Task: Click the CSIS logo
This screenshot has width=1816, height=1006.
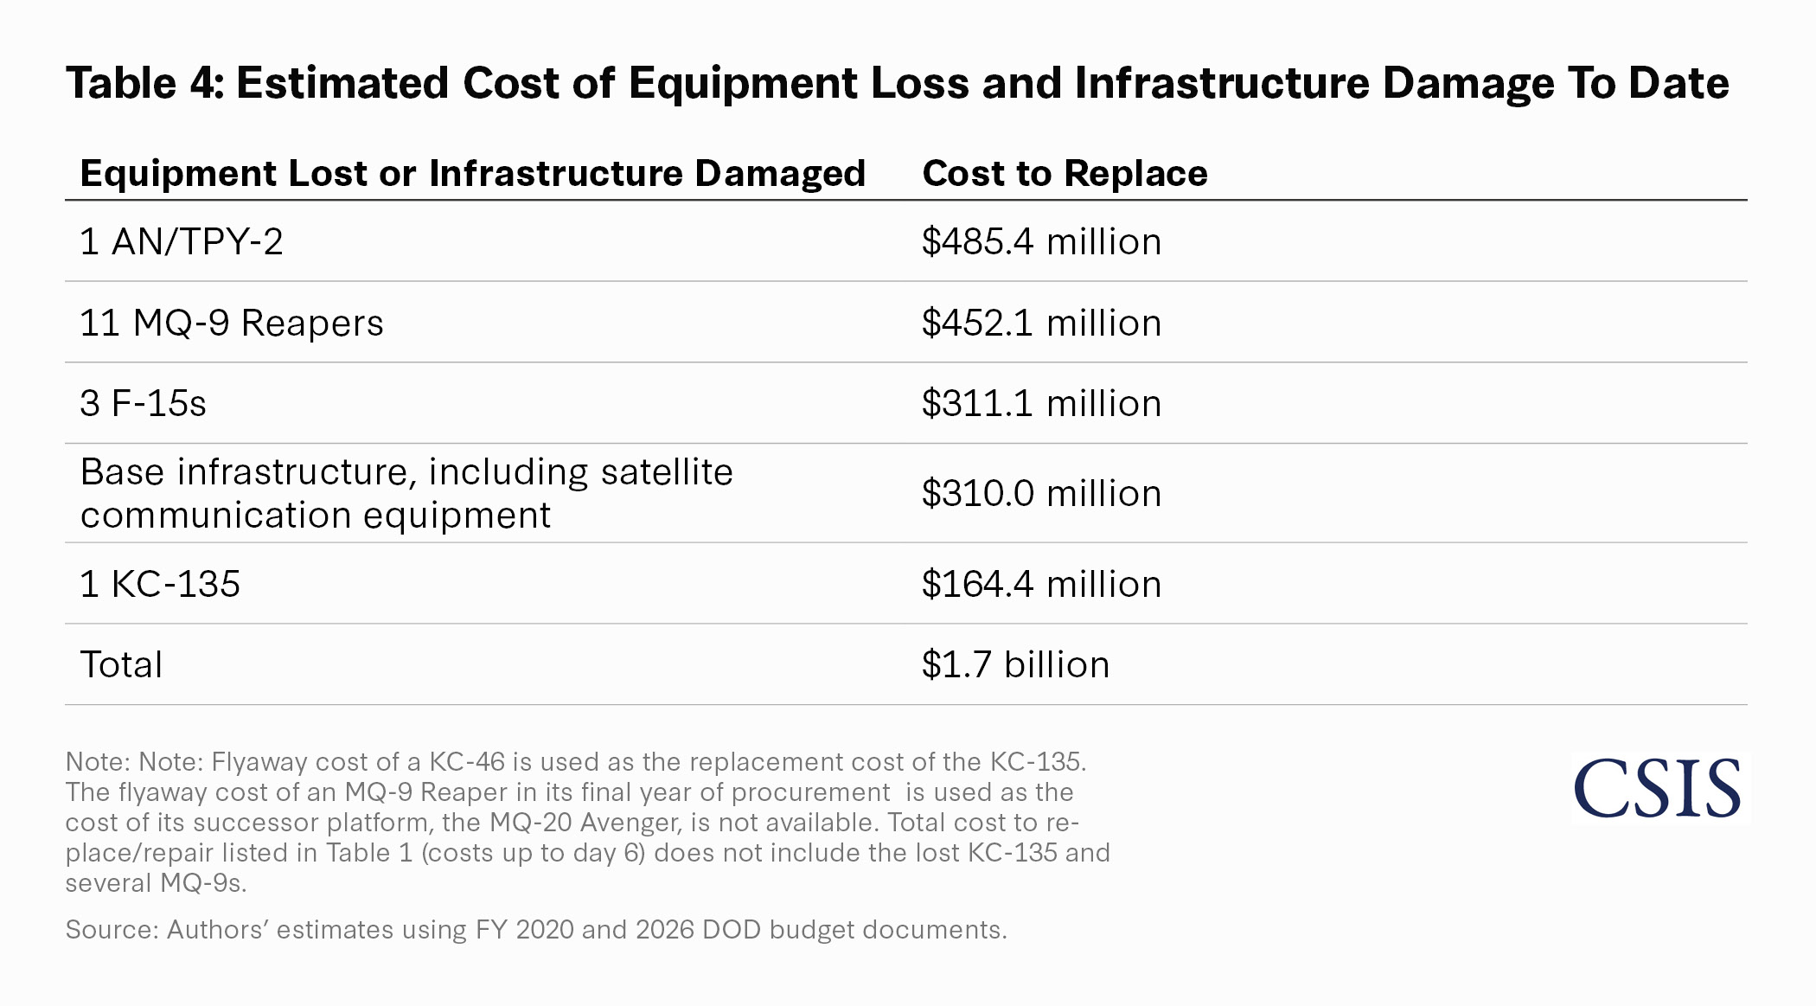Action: pos(1657,787)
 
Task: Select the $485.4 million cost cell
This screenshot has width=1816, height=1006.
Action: pos(1041,241)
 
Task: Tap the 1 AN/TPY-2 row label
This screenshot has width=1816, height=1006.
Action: pos(181,241)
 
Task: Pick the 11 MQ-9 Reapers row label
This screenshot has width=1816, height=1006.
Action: pos(231,323)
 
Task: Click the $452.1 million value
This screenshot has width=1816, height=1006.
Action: pos(1041,323)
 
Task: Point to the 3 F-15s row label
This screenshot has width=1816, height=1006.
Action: pos(143,404)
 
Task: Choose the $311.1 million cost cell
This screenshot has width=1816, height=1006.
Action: pos(1041,404)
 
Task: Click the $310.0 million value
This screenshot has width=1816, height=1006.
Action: pos(1041,493)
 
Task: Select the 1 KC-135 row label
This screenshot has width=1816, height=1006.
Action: pos(160,584)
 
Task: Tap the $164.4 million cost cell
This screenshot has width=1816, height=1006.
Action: pos(1041,584)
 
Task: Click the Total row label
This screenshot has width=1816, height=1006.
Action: pos(121,665)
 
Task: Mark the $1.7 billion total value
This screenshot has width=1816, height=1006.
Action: pos(1015,665)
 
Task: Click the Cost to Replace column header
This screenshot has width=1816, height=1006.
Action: pos(1065,173)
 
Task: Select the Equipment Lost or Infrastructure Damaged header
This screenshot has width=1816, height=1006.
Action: pos(472,173)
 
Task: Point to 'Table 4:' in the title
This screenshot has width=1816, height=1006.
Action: pos(144,83)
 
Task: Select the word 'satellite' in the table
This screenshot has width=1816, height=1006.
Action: pos(666,472)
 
